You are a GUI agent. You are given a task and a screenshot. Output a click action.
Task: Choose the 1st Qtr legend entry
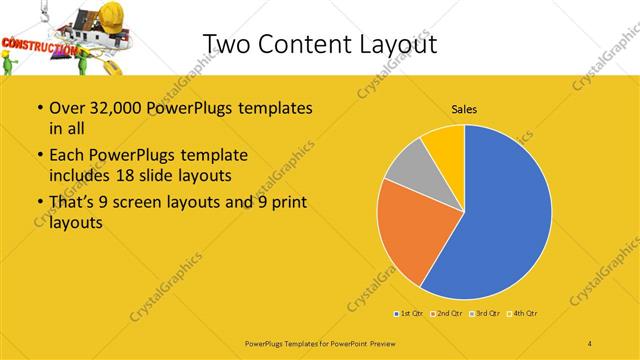(409, 314)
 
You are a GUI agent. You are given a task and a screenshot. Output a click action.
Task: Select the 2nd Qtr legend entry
(447, 314)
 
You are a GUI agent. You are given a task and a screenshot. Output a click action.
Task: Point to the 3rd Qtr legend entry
(485, 314)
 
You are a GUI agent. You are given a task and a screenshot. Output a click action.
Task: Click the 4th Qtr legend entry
(523, 314)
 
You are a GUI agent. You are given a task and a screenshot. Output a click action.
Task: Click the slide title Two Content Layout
(319, 43)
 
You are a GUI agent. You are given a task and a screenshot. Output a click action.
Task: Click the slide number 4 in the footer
(590, 344)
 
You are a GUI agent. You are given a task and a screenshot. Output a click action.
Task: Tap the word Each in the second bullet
(67, 155)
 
